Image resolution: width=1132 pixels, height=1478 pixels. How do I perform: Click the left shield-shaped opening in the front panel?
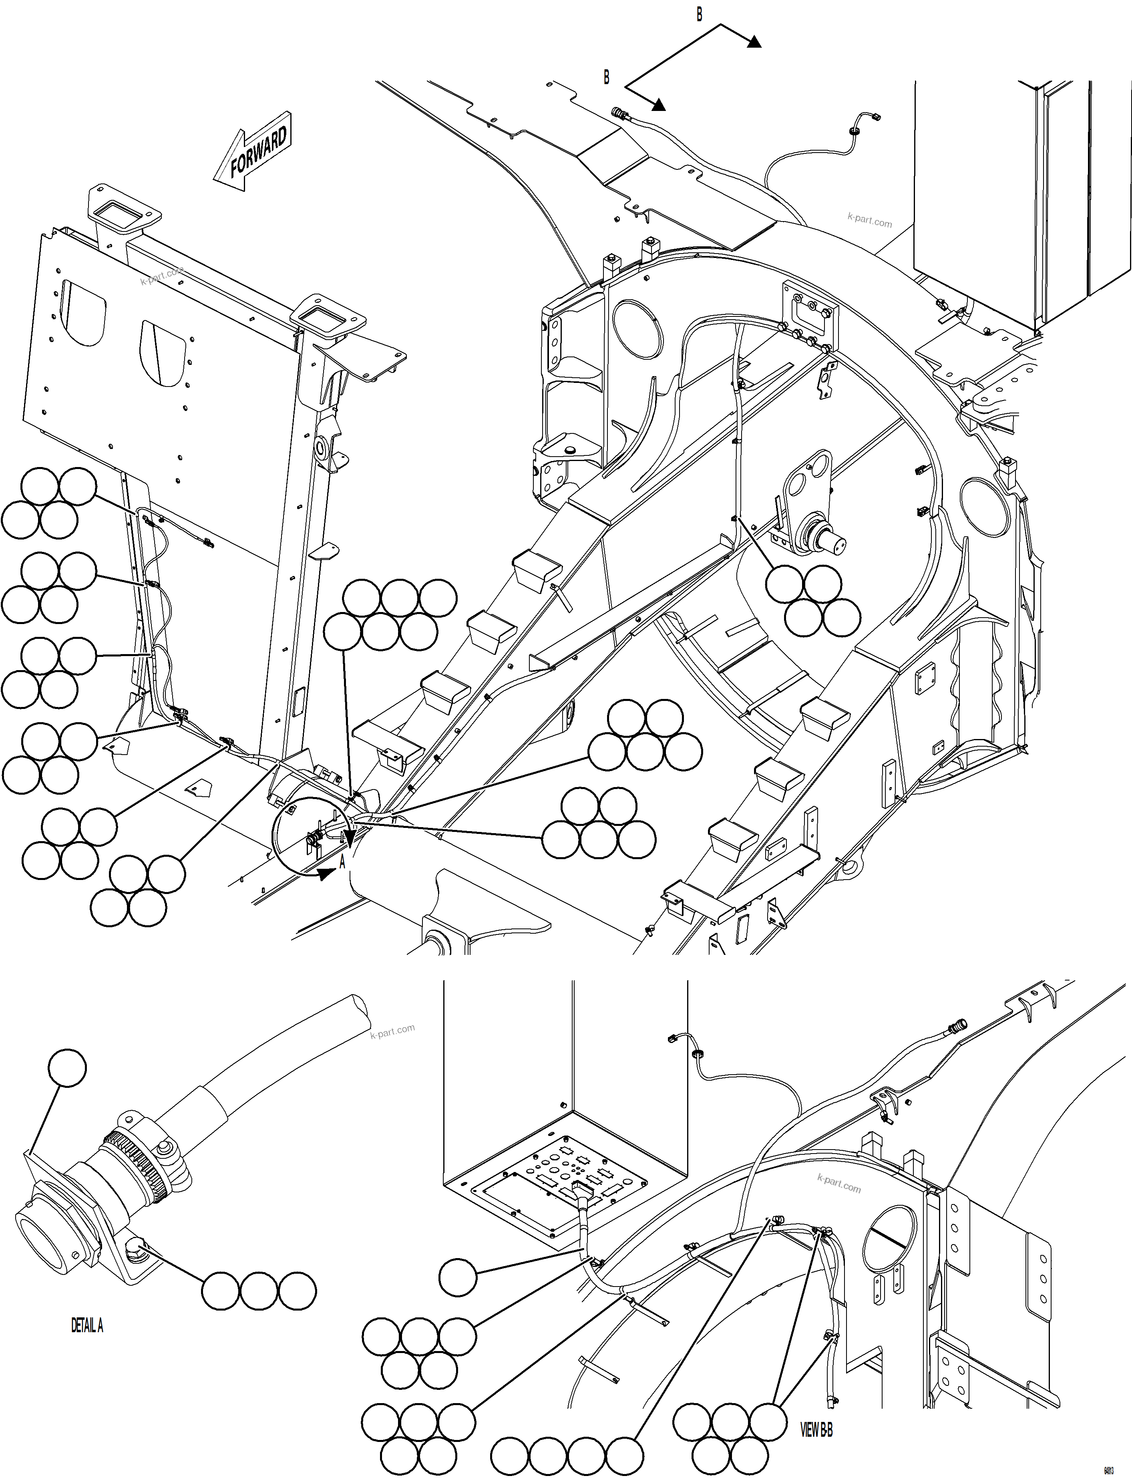pos(84,313)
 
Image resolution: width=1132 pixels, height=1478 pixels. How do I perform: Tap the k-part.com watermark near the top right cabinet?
pos(869,220)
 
